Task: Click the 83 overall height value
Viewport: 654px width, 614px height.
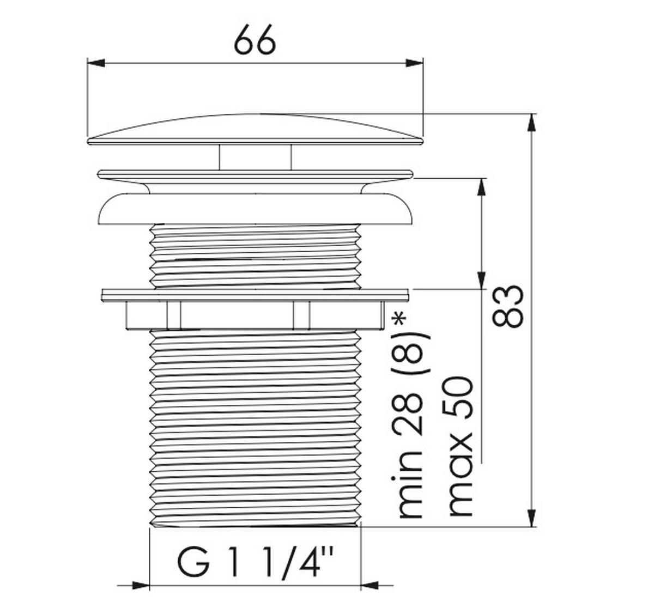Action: pos(507,306)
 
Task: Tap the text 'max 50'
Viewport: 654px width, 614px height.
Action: pos(459,446)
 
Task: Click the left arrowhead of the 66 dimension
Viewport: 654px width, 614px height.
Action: pos(95,63)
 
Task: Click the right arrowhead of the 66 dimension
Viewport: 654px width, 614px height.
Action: pos(415,63)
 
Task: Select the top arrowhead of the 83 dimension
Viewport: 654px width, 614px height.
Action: pos(532,122)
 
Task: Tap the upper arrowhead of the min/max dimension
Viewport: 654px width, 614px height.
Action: pos(481,187)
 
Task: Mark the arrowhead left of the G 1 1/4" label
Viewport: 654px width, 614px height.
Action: pos(141,586)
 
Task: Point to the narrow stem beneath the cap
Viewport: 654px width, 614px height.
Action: pos(255,157)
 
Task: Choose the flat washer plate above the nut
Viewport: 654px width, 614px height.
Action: pos(255,295)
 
